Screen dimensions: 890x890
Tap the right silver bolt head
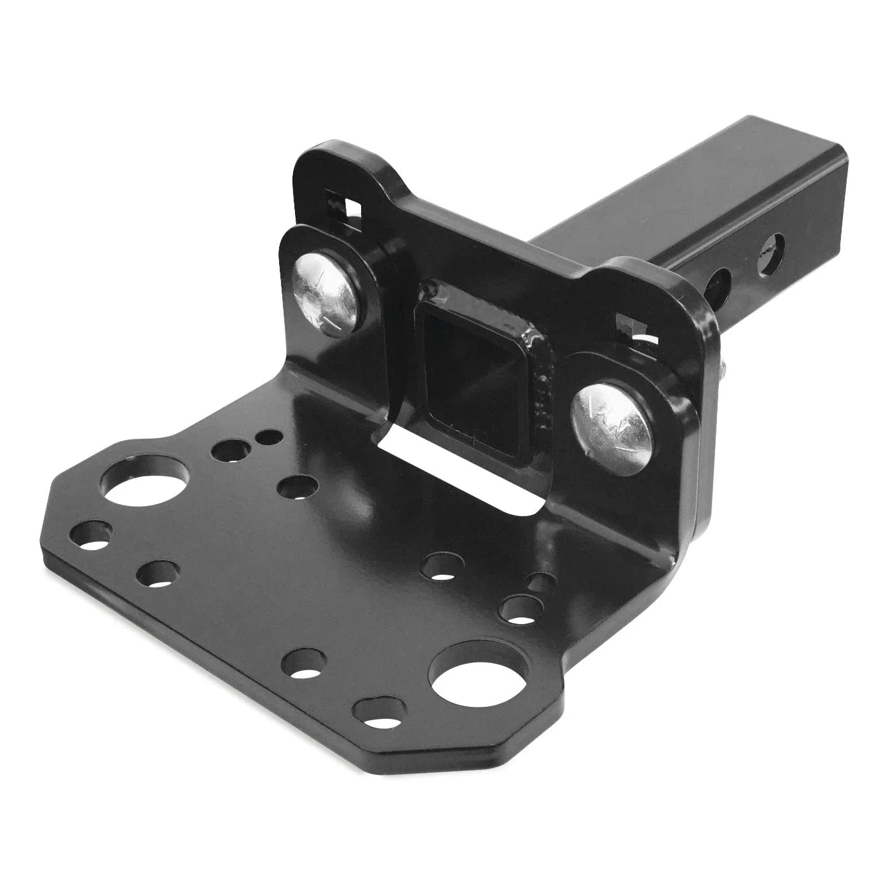(612, 427)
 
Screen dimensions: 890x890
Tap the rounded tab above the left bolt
(331, 165)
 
